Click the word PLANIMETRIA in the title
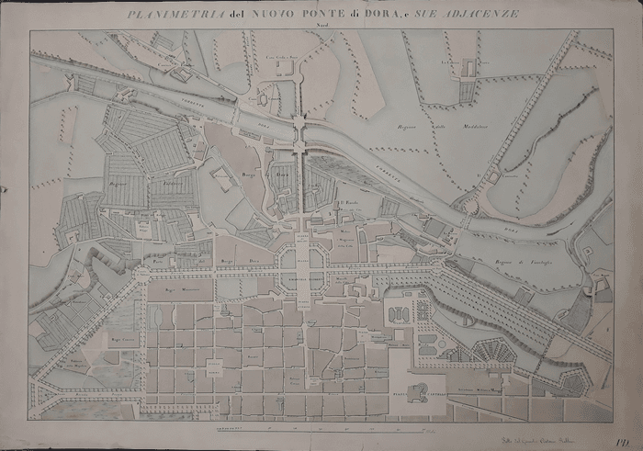click(x=164, y=15)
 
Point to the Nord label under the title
click(x=321, y=26)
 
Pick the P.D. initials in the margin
click(x=622, y=416)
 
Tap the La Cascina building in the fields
click(x=468, y=67)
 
